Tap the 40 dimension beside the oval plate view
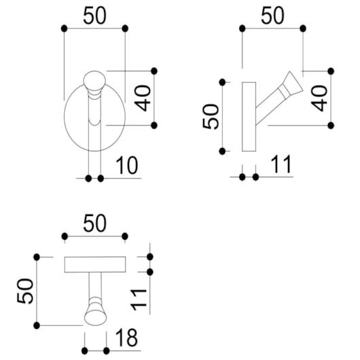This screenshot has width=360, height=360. tap(142, 97)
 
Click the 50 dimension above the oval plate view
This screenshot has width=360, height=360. tap(95, 16)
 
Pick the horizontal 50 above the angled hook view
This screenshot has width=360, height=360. tap(273, 16)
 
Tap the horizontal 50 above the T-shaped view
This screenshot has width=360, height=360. tap(95, 223)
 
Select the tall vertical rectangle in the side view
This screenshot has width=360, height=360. tap(249, 116)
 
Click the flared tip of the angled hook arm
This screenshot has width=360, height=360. tap(293, 82)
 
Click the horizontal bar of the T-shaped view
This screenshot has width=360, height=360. tap(95, 264)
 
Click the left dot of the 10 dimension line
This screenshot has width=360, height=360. tap(89, 178)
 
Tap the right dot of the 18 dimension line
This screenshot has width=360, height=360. tap(106, 350)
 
